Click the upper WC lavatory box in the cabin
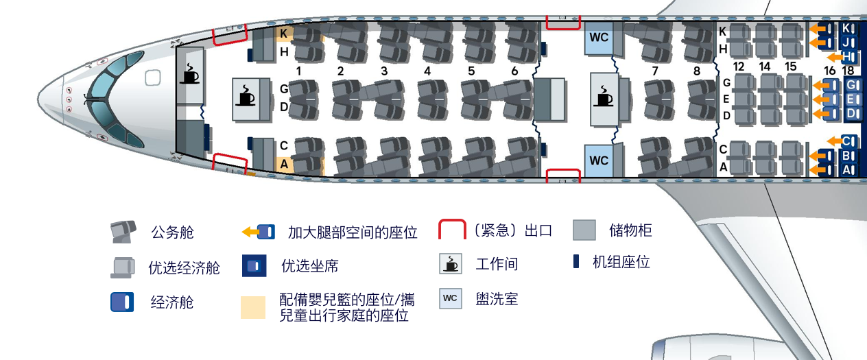(x=599, y=38)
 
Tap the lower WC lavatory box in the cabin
(x=599, y=160)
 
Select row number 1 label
(x=299, y=71)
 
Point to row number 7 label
(x=655, y=71)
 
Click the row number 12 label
(x=739, y=67)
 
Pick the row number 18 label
(x=848, y=71)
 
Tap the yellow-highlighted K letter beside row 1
(x=283, y=33)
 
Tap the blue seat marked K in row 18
(x=848, y=29)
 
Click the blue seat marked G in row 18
(x=851, y=85)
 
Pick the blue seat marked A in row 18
(x=848, y=169)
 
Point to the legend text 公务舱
(x=172, y=232)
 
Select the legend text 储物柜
(x=630, y=230)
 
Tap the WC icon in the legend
(x=451, y=298)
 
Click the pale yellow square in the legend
(x=253, y=307)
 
